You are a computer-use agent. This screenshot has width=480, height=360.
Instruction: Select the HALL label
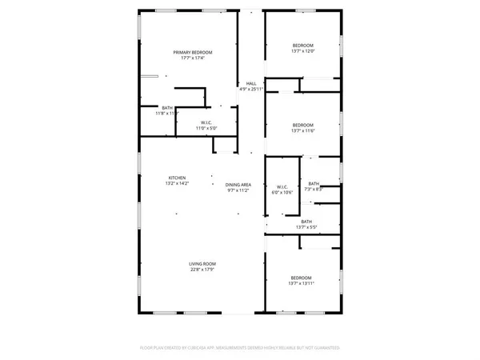[x=250, y=83]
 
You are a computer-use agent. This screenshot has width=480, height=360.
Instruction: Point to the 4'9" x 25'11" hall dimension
[x=250, y=89]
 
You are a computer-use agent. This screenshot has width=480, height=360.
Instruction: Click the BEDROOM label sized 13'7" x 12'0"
[x=302, y=45]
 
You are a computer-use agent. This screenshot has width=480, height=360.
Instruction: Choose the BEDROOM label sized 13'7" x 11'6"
[x=302, y=125]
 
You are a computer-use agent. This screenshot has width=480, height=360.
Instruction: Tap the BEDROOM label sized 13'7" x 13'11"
[x=302, y=278]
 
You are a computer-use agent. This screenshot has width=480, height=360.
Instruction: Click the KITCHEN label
[x=177, y=178]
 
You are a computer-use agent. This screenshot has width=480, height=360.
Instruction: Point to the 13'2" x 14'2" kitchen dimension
[x=177, y=183]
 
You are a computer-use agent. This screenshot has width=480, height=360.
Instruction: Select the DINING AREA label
[x=238, y=184]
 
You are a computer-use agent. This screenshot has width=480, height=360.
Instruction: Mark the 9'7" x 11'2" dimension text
[x=238, y=190]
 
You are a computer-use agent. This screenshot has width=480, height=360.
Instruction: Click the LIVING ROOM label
[x=202, y=263]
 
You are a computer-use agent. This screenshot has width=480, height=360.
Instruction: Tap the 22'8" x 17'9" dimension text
[x=202, y=269]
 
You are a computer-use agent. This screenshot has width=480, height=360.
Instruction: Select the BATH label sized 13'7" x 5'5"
[x=306, y=222]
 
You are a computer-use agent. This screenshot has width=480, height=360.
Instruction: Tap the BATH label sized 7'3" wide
[x=314, y=183]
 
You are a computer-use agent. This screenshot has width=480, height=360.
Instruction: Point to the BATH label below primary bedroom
[x=166, y=108]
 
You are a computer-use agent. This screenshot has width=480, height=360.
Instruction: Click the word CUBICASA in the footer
[x=203, y=348]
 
